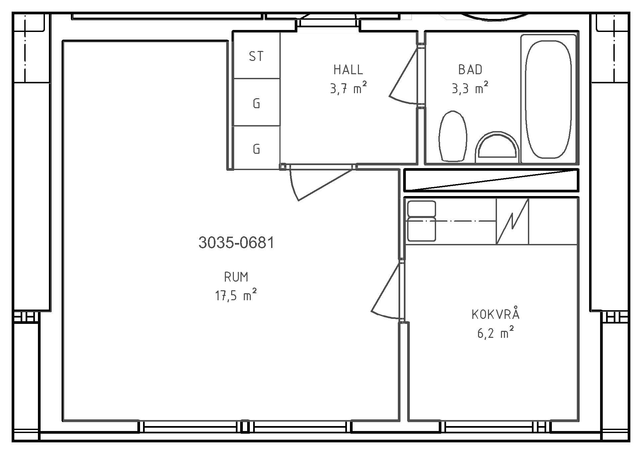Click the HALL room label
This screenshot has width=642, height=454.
click(348, 70)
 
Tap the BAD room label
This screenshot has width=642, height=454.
click(470, 70)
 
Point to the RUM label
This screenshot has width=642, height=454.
click(236, 277)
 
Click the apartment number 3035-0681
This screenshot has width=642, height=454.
click(236, 243)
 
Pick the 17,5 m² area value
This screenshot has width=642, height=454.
click(236, 295)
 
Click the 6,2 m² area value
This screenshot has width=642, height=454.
click(495, 332)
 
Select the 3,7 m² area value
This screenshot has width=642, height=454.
click(348, 88)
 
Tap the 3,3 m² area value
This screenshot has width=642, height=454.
click(470, 88)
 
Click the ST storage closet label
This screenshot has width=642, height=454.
click(256, 57)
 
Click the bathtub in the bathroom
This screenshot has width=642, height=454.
click(548, 99)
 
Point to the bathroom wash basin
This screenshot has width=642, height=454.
click(497, 145)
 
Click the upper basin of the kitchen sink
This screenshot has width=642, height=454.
click(421, 209)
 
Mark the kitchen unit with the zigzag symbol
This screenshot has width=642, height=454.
click(512, 221)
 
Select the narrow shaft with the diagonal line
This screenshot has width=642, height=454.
click(491, 180)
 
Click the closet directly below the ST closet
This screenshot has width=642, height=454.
click(256, 102)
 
